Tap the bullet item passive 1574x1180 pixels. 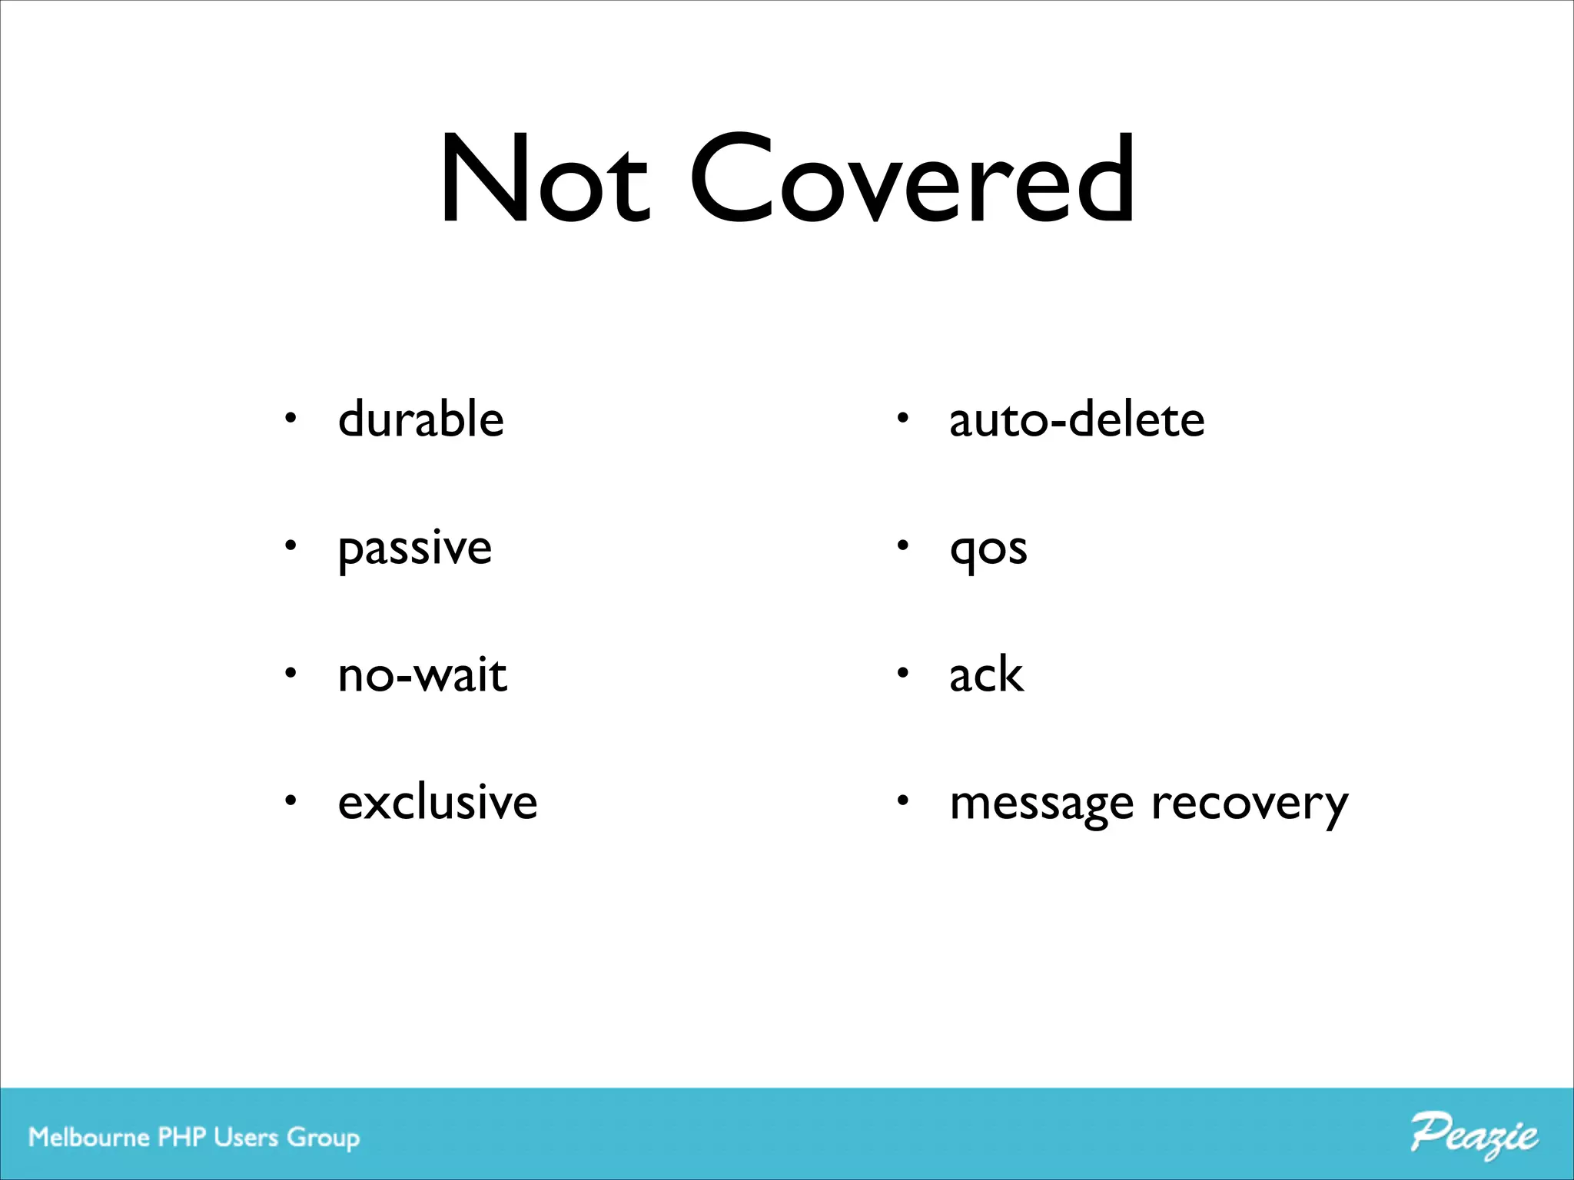[415, 549]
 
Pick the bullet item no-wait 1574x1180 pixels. [423, 676]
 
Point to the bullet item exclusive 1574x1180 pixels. [437, 803]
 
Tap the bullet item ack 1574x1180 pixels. [986, 676]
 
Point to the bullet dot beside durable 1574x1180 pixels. [290, 419]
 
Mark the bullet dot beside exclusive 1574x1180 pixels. [290, 801]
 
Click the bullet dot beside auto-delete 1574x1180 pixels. [903, 419]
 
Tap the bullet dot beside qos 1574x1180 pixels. [903, 546]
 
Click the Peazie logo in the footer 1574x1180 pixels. [1473, 1135]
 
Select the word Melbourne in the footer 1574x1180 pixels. [89, 1137]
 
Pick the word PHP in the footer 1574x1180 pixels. [182, 1137]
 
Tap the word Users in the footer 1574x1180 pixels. [246, 1137]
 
